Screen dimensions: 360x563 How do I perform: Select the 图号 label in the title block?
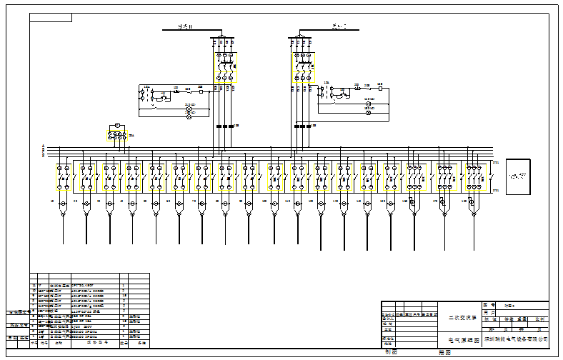click(x=489, y=304)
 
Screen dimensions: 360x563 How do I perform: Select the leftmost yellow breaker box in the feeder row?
click(x=63, y=177)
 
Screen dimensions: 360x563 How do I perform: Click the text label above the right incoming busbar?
click(x=338, y=27)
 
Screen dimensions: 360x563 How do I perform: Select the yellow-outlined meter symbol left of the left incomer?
click(x=114, y=126)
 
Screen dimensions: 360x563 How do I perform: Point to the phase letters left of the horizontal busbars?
click(x=44, y=151)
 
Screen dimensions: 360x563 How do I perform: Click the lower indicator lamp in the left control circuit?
click(x=189, y=116)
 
